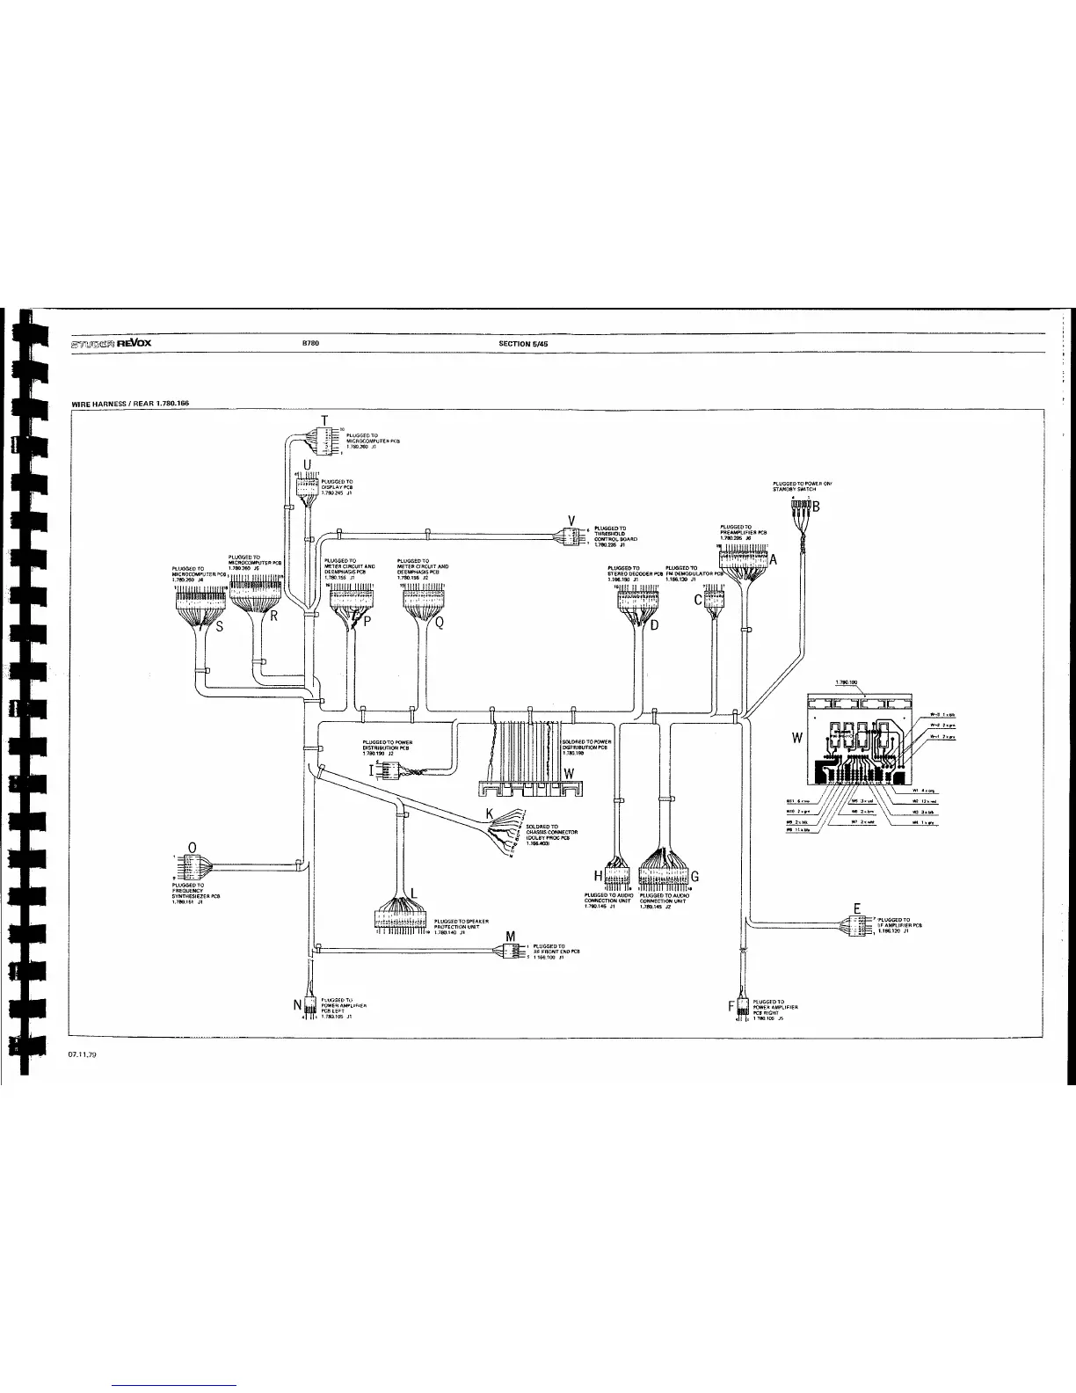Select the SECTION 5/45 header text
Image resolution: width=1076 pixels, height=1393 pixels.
click(523, 344)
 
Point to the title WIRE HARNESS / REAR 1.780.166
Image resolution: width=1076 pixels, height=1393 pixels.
click(129, 404)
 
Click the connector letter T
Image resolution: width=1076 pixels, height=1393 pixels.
click(324, 419)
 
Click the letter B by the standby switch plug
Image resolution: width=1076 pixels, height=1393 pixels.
click(815, 507)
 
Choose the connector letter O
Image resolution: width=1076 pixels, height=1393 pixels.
click(193, 846)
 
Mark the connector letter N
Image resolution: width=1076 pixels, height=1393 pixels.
click(297, 1005)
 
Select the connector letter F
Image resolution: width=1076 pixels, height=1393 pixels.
click(731, 1006)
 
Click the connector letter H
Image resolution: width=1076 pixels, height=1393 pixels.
click(600, 876)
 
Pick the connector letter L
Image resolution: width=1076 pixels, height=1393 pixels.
click(414, 893)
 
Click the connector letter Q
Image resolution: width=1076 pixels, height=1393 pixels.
click(440, 623)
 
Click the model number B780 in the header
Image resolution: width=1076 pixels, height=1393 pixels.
click(309, 344)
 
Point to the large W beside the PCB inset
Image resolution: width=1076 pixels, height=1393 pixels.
click(796, 737)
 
